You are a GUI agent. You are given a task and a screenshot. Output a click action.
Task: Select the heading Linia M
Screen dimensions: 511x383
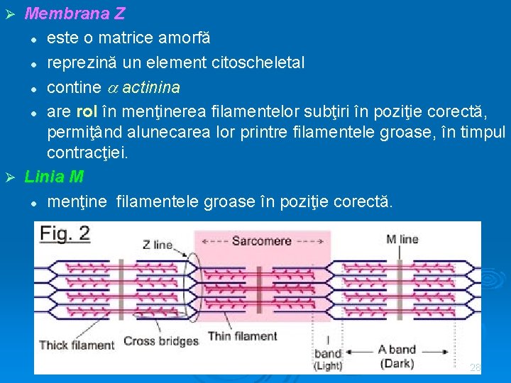(53, 177)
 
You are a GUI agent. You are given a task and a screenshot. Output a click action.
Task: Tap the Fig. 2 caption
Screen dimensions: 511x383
(65, 233)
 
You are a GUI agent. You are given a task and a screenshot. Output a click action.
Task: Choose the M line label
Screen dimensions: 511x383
(402, 239)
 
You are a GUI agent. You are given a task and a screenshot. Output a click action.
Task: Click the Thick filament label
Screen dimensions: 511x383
(77, 345)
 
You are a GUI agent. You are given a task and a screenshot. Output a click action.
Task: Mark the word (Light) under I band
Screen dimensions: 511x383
(328, 366)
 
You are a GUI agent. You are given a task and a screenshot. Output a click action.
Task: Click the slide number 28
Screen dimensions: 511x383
(475, 368)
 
